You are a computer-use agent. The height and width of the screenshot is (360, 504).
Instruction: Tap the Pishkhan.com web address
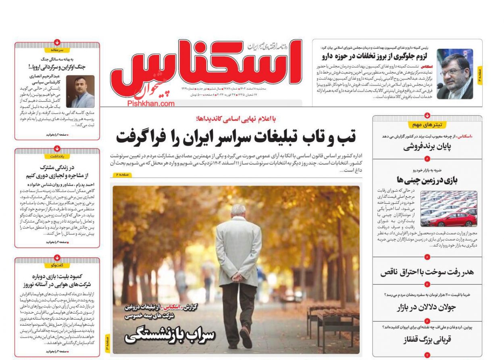click(151, 103)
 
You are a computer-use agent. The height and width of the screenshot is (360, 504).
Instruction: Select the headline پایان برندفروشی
click(427, 147)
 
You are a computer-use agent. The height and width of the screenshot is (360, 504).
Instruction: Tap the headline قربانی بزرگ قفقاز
click(427, 340)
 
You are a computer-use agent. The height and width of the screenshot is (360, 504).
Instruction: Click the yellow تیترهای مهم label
click(427, 125)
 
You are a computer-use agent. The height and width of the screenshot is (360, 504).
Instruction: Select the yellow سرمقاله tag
click(57, 50)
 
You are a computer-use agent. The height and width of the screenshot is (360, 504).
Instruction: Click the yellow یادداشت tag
click(57, 156)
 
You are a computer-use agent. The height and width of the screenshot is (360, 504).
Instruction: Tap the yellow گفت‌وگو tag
click(57, 265)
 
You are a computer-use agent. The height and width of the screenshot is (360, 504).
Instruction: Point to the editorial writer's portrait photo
click(80, 92)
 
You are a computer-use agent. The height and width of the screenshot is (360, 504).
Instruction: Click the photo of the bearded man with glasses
click(455, 74)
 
